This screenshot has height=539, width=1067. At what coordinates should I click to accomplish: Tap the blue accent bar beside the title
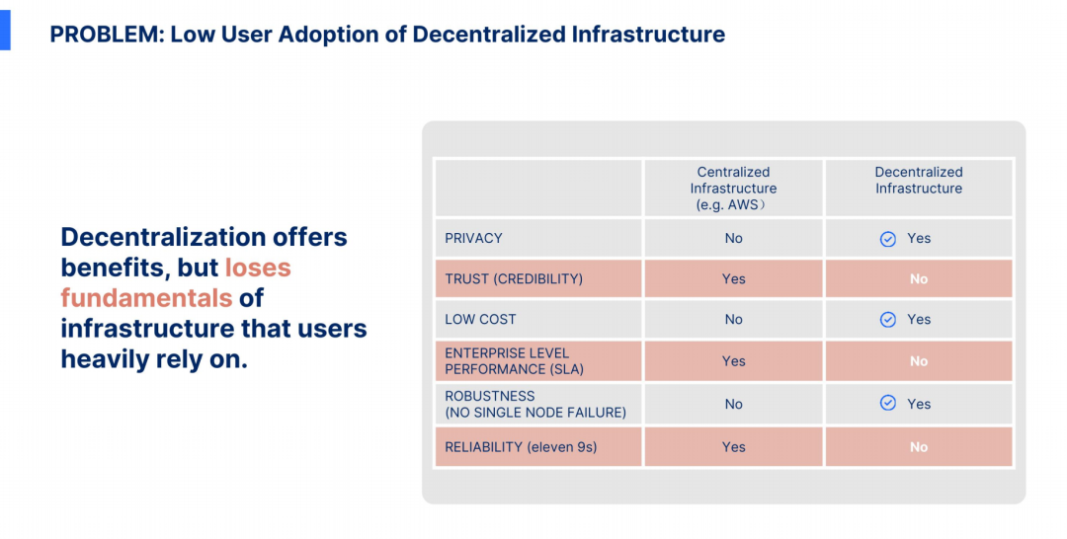5,30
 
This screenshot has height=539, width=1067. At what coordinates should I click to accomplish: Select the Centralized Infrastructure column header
733,189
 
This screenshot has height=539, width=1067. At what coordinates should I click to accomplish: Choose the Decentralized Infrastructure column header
919,180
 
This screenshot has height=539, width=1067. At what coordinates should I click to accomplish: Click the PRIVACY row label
473,238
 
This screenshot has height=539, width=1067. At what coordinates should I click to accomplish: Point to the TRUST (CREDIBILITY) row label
514,278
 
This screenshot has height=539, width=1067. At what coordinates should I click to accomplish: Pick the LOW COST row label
480,320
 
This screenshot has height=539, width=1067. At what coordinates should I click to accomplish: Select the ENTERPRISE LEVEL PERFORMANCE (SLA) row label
514,361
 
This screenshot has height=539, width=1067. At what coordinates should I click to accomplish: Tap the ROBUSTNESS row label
490,396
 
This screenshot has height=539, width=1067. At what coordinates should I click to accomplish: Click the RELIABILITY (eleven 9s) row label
521,447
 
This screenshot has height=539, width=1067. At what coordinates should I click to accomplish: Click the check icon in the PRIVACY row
888,239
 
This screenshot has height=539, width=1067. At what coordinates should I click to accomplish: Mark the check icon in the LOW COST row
888,320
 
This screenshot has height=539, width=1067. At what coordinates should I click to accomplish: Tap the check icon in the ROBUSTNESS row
888,403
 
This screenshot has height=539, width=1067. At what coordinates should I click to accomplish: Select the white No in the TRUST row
919,278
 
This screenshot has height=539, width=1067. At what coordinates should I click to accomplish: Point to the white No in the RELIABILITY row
919,447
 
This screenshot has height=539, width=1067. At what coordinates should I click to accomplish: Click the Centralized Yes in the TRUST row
733,278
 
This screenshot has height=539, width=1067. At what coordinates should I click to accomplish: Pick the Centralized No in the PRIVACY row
733,238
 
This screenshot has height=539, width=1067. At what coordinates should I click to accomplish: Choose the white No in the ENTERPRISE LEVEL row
919,361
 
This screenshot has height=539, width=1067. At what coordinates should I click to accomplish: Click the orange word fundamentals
146,298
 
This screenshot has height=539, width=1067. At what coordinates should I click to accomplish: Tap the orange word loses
258,268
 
